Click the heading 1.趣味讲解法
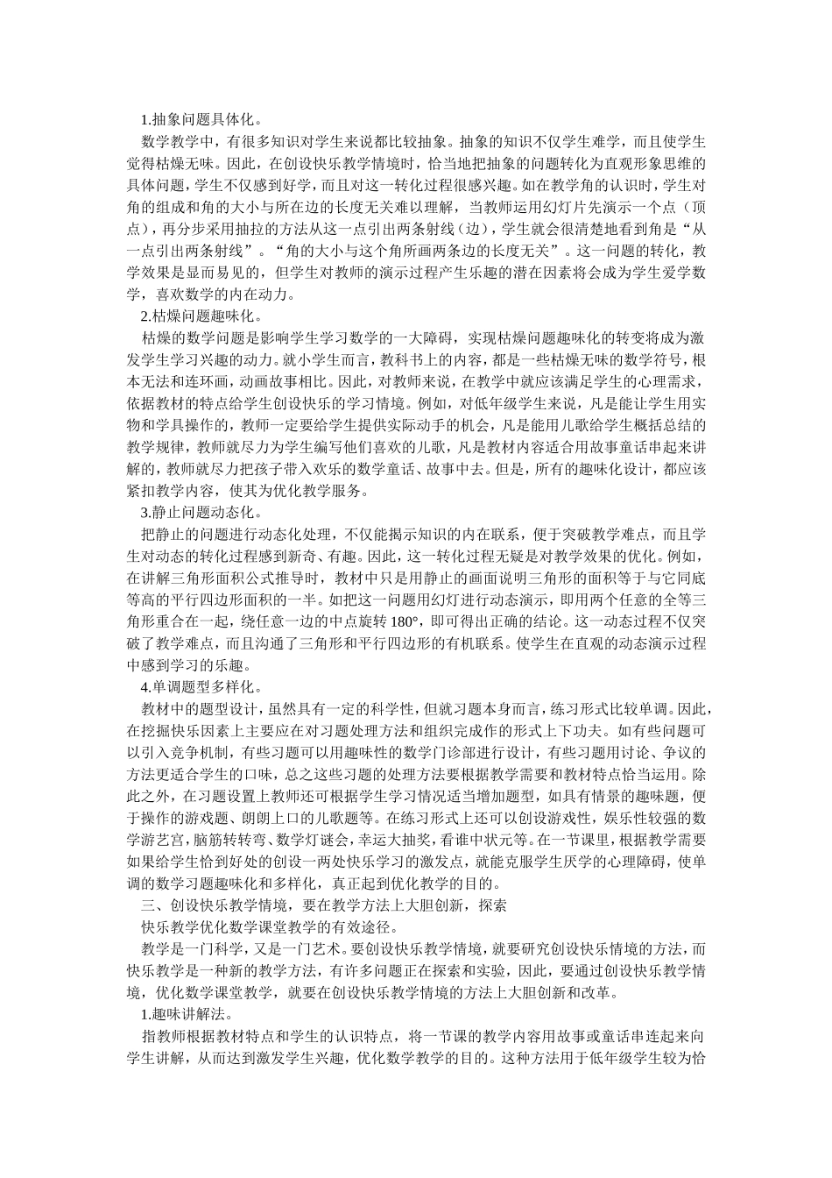(x=185, y=1014)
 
